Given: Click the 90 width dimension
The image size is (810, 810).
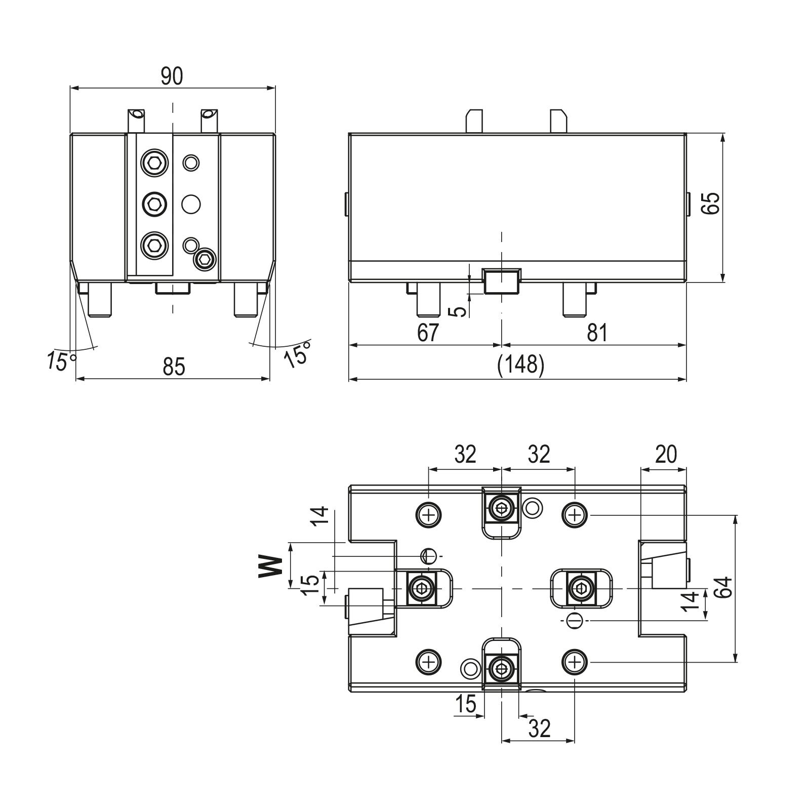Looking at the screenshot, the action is click(172, 76).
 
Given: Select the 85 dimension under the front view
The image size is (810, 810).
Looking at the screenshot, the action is click(174, 366).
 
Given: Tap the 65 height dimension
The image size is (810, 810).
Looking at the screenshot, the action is click(711, 204).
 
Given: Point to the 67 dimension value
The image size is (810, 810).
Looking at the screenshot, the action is click(428, 333).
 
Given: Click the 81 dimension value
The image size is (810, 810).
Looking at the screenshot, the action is click(596, 333).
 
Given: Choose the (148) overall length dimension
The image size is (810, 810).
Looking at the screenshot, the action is click(521, 364).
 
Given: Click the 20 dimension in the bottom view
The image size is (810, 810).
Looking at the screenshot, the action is click(665, 454).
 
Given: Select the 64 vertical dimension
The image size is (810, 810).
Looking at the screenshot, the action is click(725, 587).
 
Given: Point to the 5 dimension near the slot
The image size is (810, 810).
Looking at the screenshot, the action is click(458, 310).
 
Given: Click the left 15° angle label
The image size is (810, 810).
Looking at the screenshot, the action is click(62, 360).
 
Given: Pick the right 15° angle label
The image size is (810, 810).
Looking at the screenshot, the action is click(297, 353).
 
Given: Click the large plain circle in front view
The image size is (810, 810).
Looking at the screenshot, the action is click(191, 204).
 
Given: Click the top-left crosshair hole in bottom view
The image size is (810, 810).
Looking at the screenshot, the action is click(429, 515).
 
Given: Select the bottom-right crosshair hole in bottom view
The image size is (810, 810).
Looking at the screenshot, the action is click(575, 662).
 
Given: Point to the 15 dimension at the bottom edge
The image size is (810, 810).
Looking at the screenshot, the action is click(465, 704).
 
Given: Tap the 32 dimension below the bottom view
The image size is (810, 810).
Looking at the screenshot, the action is click(539, 728).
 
